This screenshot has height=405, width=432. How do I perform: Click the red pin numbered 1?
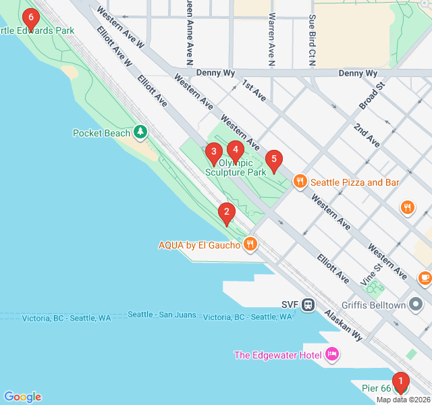coord(400,383)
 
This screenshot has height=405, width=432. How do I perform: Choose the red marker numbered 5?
coord(273,161)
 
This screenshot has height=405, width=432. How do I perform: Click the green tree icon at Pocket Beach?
coord(140,132)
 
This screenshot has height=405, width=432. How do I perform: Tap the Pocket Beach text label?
coord(101,133)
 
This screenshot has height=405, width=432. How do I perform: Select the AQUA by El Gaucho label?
coord(199,245)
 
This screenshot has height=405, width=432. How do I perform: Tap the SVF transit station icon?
coord(308,304)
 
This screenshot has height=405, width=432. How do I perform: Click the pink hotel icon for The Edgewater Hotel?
coord(331,354)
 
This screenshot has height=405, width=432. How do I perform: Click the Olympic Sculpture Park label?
coord(236,167)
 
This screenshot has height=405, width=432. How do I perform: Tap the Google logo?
coord(22,397)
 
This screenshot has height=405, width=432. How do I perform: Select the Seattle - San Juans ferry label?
coord(162,315)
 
